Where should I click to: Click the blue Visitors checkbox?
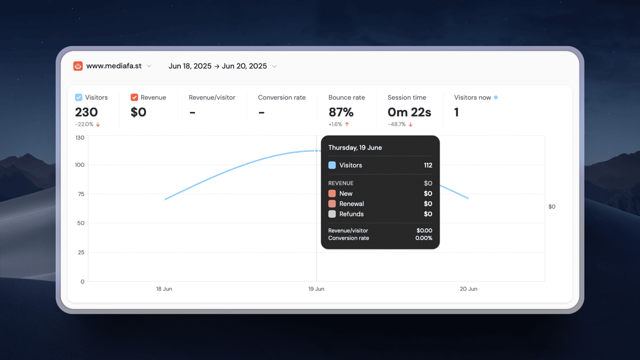pyautogui.click(x=79, y=97)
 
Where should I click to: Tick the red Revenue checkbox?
pyautogui.click(x=134, y=97)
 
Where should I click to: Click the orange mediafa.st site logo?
pyautogui.click(x=78, y=66)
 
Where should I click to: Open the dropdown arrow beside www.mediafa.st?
pyautogui.click(x=149, y=66)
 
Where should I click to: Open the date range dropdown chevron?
pyautogui.click(x=275, y=67)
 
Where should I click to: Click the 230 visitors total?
pyautogui.click(x=86, y=112)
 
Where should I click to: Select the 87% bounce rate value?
pyautogui.click(x=341, y=112)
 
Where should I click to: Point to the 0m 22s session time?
pyautogui.click(x=409, y=112)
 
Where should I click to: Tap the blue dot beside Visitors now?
pyautogui.click(x=496, y=97)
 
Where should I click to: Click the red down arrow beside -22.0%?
pyautogui.click(x=98, y=124)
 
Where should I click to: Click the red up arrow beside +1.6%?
pyautogui.click(x=347, y=124)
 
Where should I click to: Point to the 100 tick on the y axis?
pyautogui.click(x=80, y=165)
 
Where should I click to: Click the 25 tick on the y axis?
pyautogui.click(x=81, y=252)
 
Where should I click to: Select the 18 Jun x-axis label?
pyautogui.click(x=164, y=289)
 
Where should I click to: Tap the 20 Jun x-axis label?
pyautogui.click(x=469, y=289)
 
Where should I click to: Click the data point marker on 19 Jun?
pyautogui.click(x=316, y=150)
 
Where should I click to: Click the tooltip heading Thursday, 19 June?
pyautogui.click(x=355, y=148)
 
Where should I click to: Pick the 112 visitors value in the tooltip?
pyautogui.click(x=428, y=165)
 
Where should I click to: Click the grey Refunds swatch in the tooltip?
pyautogui.click(x=332, y=214)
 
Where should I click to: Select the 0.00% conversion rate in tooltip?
pyautogui.click(x=424, y=238)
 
